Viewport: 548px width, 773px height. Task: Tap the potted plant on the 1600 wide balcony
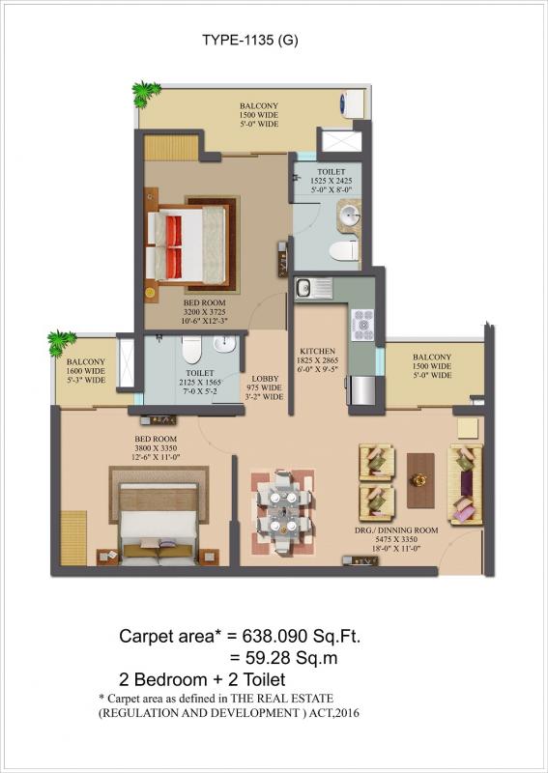tap(61, 342)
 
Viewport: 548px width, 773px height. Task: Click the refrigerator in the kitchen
tap(361, 389)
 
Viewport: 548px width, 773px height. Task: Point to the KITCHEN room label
tap(317, 352)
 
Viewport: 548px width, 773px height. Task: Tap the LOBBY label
tap(266, 379)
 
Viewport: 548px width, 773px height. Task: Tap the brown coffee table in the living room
tap(419, 480)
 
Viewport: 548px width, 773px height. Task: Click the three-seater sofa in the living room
tap(465, 484)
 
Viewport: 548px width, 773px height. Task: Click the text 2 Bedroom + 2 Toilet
tap(202, 679)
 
